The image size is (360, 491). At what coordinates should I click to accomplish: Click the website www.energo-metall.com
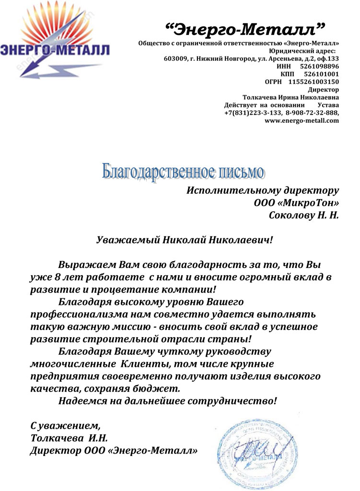(x=302, y=120)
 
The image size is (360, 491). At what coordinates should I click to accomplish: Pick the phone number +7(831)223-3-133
(x=252, y=113)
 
